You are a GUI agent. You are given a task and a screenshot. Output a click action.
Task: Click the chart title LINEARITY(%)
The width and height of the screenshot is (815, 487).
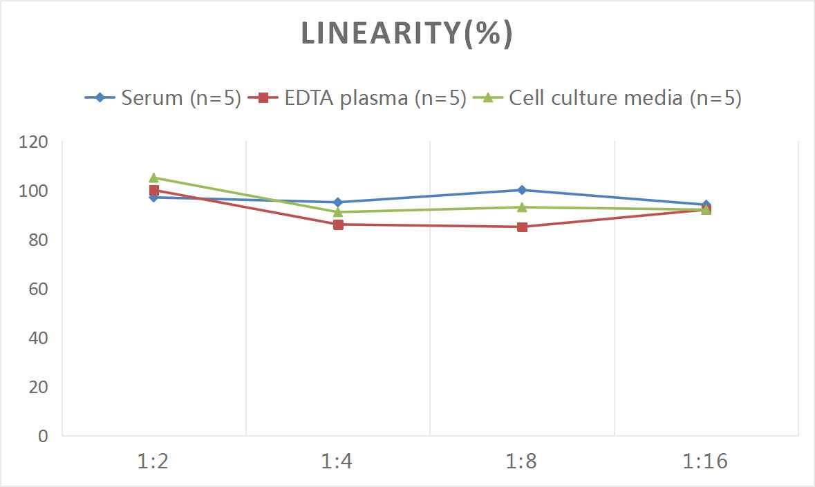click(x=406, y=34)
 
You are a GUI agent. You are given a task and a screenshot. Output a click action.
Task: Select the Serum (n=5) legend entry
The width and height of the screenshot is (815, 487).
click(x=163, y=98)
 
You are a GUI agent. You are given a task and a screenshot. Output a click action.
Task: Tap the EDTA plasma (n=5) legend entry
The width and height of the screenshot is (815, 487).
click(x=357, y=98)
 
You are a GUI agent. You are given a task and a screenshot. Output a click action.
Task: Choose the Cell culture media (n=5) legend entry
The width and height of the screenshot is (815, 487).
click(x=608, y=98)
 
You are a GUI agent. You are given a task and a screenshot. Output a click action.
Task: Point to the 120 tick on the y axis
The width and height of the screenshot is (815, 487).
click(x=34, y=142)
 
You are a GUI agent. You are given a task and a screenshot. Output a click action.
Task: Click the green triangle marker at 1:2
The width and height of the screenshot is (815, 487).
click(x=153, y=178)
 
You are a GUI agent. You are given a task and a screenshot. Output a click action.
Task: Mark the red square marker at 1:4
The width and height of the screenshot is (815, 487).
click(x=338, y=225)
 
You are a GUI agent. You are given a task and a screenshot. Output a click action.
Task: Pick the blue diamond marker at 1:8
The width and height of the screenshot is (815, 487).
click(x=522, y=190)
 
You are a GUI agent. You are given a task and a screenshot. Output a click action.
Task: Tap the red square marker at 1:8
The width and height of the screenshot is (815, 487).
click(x=522, y=227)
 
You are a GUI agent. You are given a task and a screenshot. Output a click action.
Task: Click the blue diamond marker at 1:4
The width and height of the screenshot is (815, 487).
click(x=338, y=202)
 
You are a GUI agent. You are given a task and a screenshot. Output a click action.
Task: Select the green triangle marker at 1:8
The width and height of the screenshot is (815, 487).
click(x=522, y=207)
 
